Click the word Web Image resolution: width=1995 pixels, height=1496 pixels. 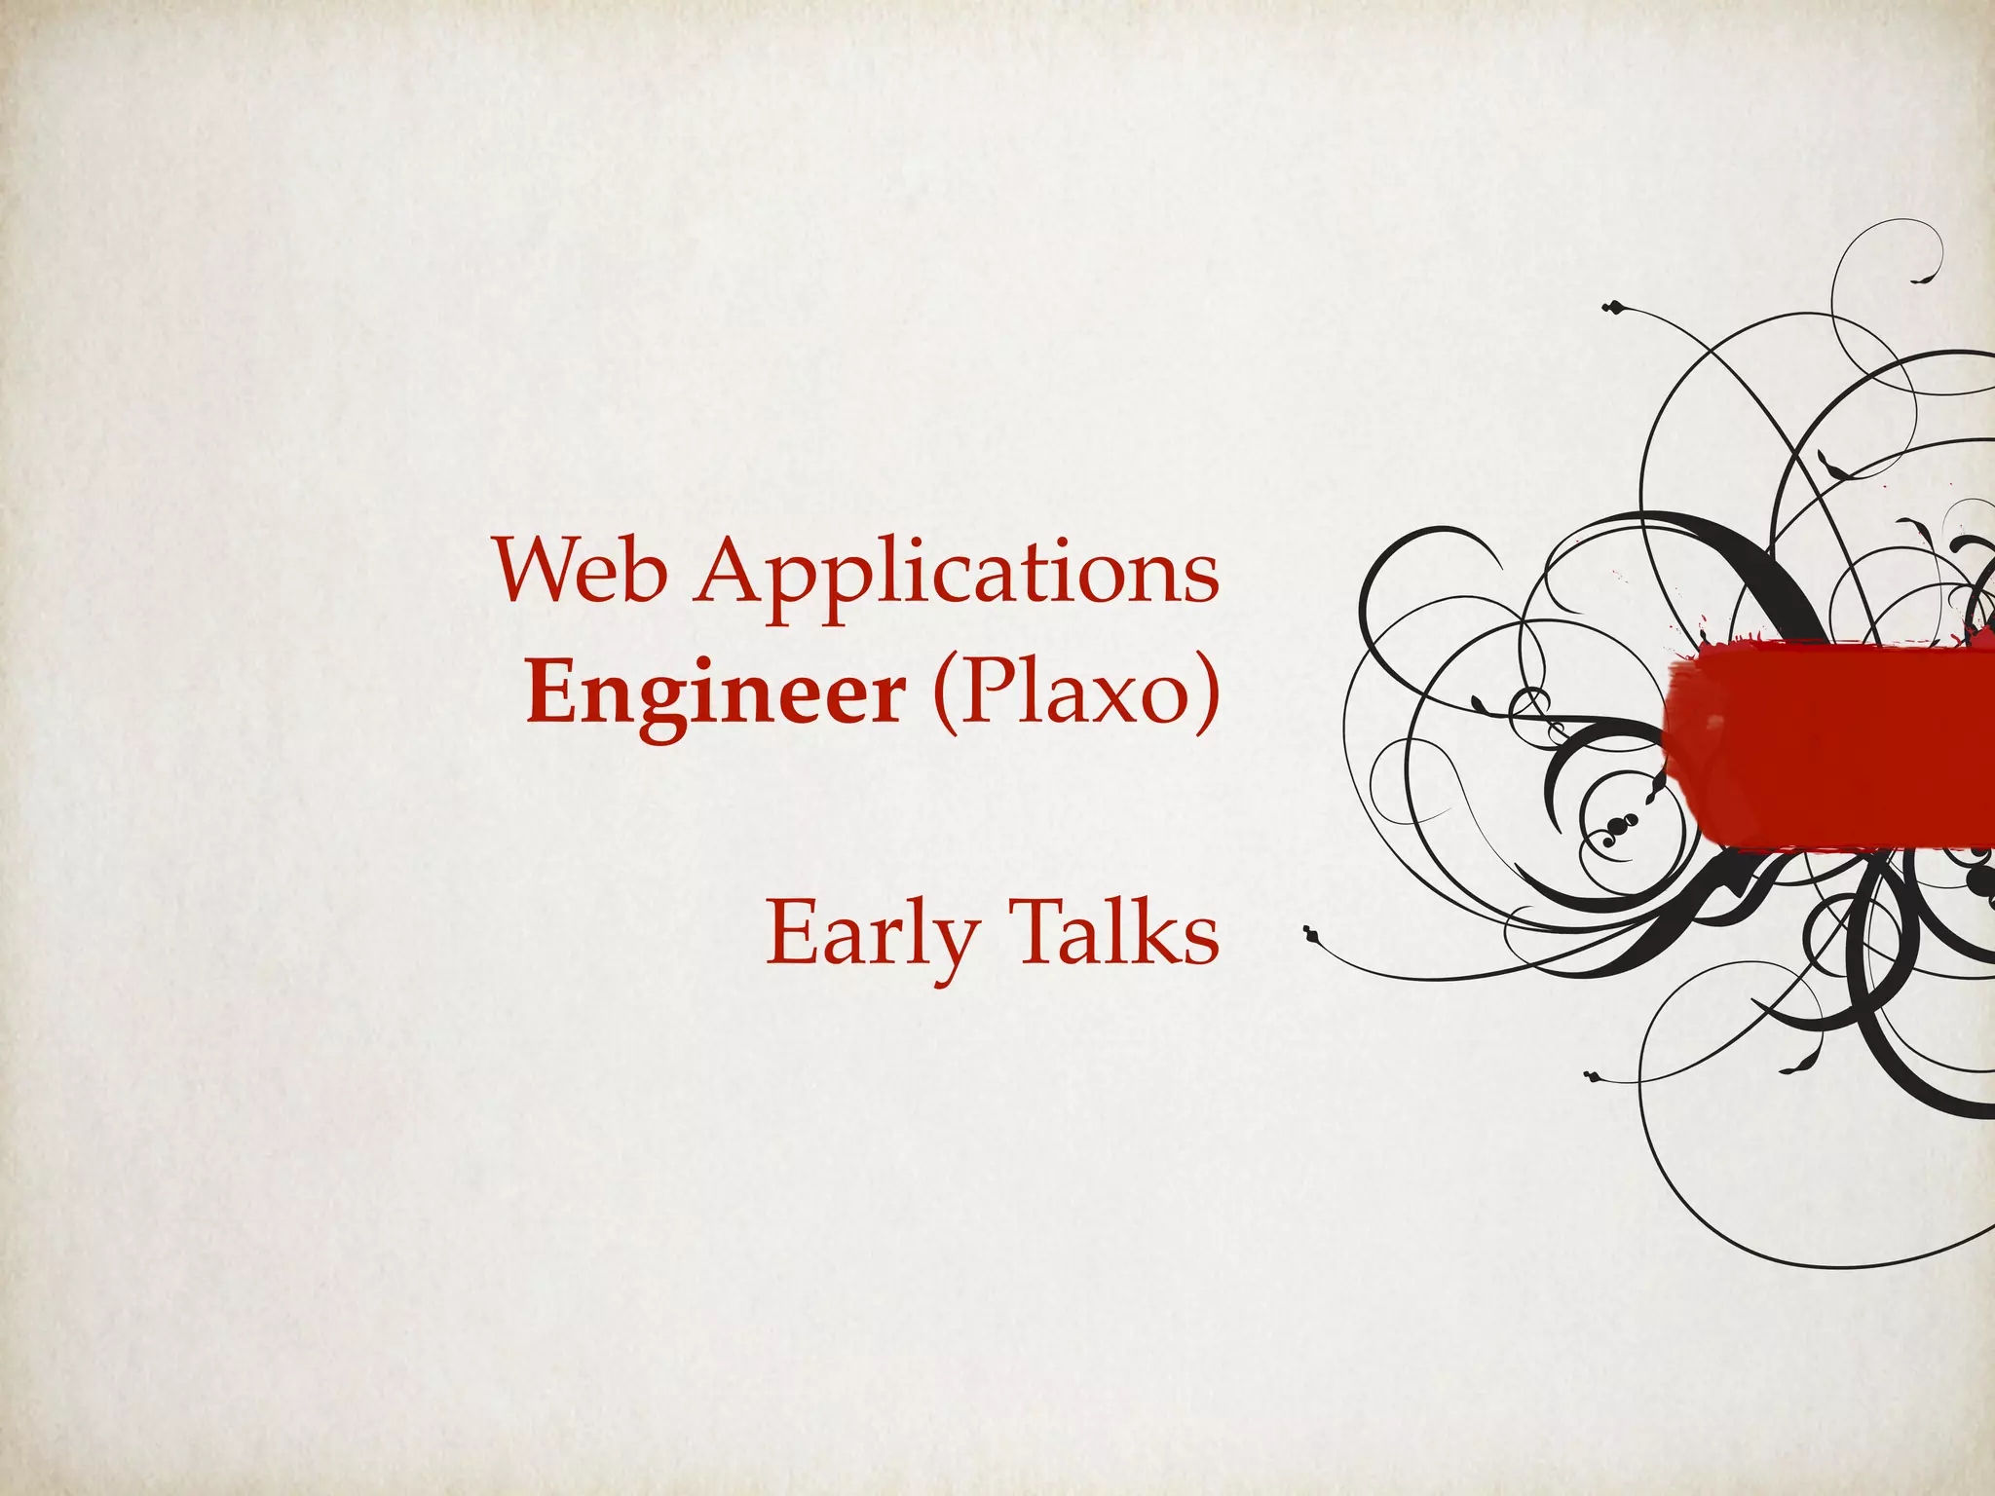coord(581,570)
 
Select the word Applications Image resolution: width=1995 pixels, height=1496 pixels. coord(957,575)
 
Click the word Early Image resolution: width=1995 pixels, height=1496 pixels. coord(872,933)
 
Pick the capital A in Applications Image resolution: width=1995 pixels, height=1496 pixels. coord(733,570)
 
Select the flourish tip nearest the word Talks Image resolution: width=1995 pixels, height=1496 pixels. coord(1311,934)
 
